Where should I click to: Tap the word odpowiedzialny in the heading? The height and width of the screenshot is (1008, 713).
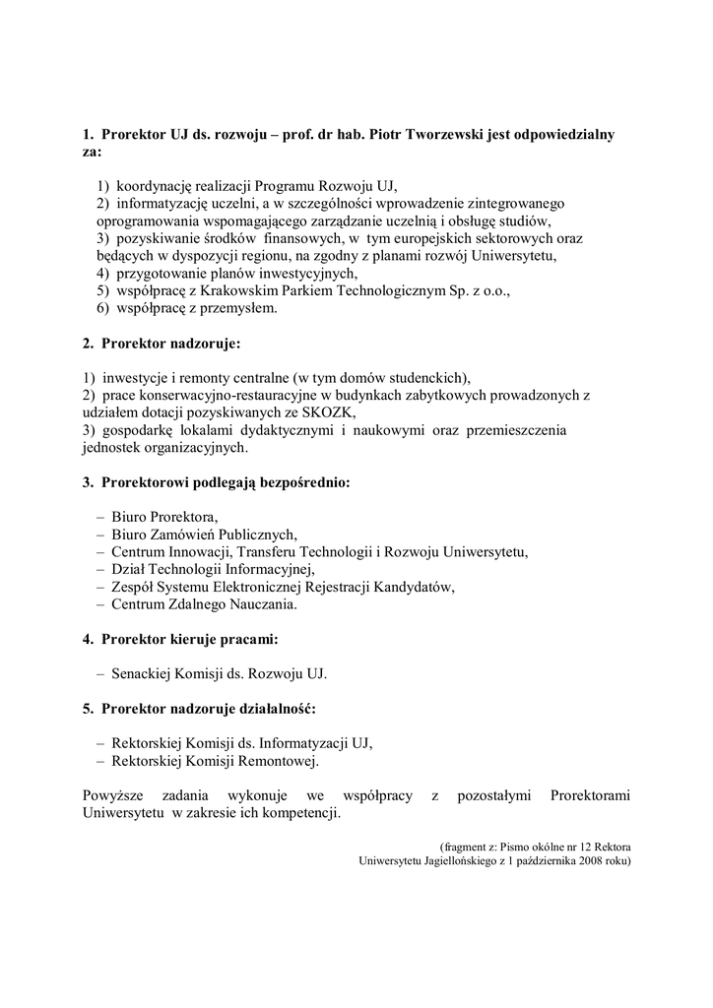pos(564,134)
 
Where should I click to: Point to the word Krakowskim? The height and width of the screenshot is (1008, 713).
pos(252,290)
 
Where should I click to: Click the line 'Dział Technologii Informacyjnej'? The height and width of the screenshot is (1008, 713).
pos(212,569)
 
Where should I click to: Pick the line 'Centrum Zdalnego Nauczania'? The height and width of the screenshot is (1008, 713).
pos(203,604)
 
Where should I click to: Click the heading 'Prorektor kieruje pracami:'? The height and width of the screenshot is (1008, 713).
pos(180,639)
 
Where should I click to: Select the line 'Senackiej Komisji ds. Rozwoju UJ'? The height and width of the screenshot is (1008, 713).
pos(218,674)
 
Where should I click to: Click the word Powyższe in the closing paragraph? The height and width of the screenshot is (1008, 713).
pos(115,795)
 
